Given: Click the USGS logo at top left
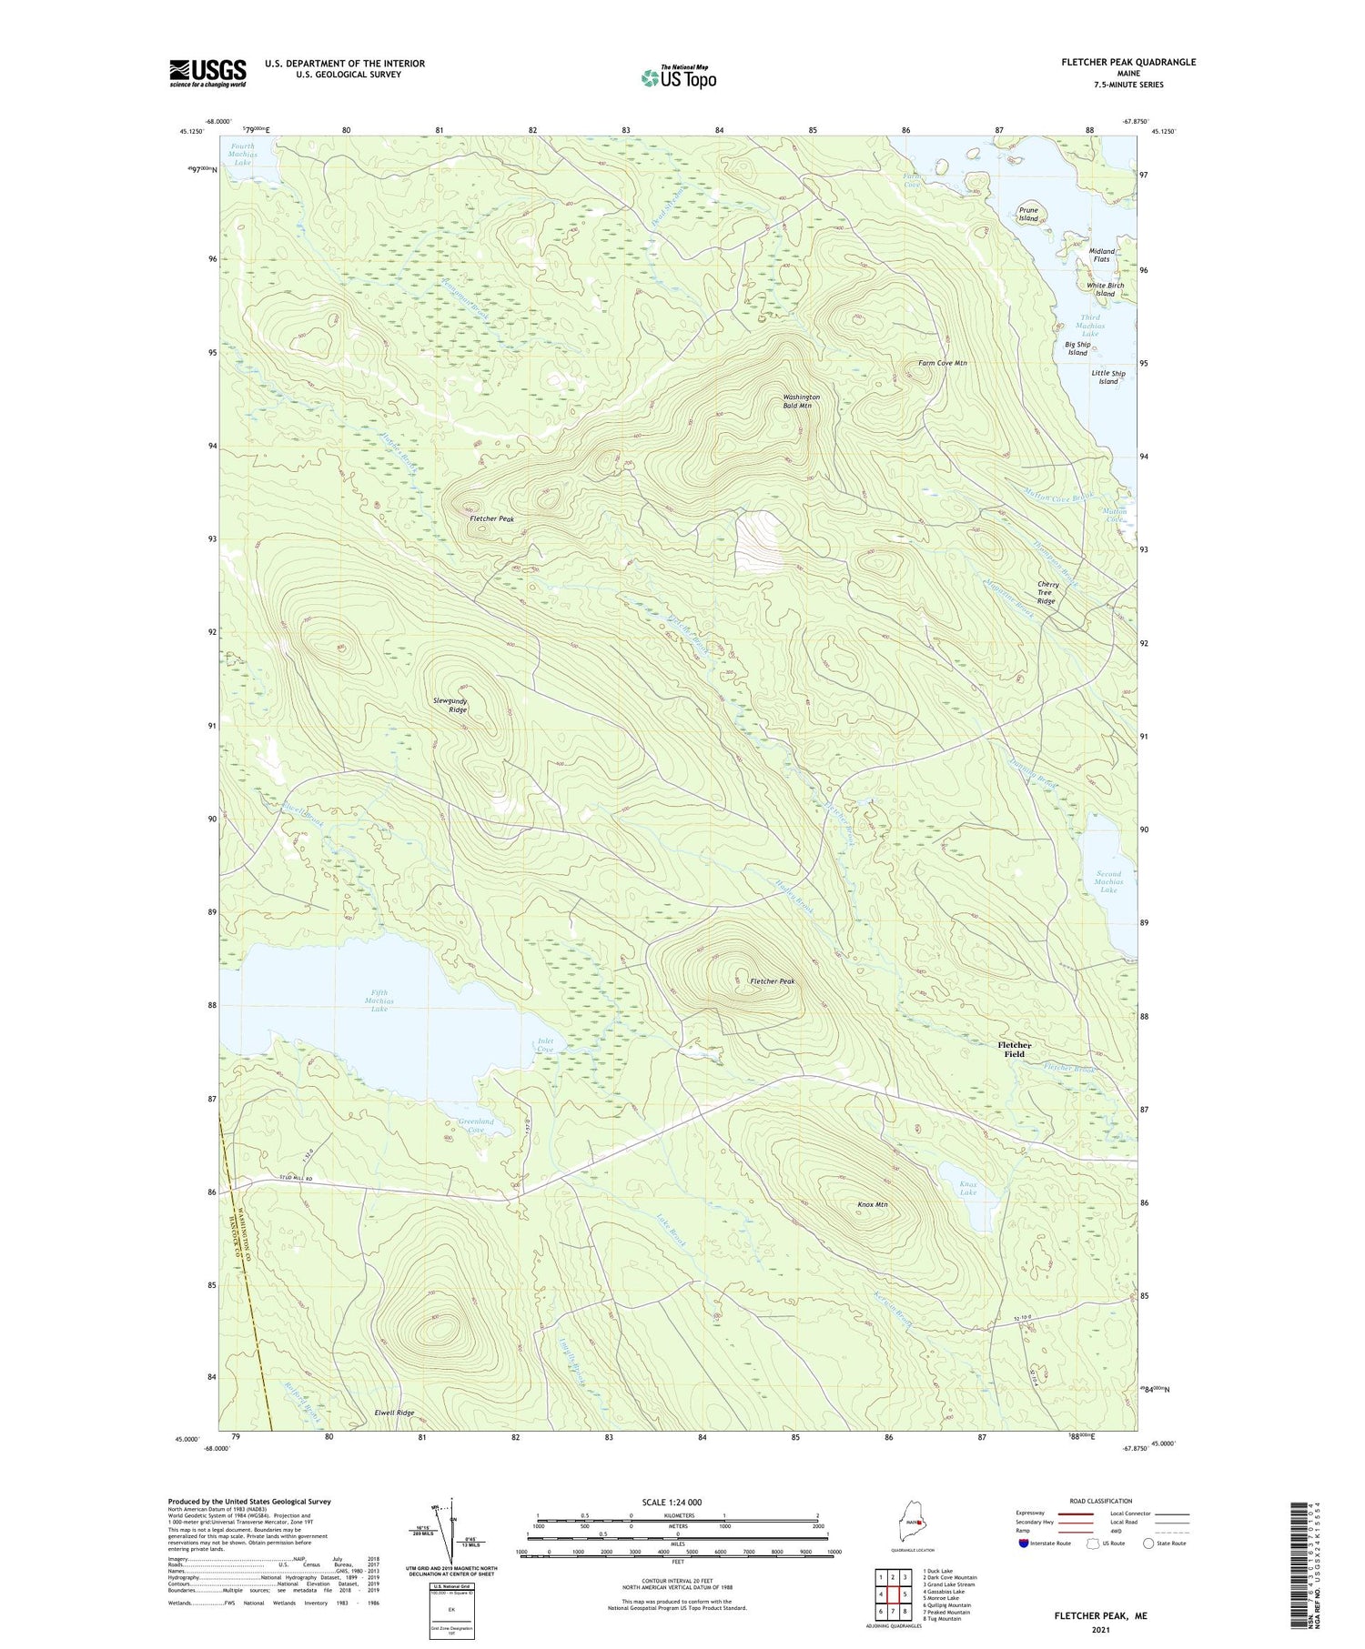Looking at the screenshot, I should click(x=207, y=73).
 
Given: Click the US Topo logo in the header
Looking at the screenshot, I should click(x=678, y=77).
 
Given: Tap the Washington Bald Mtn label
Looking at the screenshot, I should click(x=802, y=401).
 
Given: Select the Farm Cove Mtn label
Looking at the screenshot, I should click(x=942, y=363).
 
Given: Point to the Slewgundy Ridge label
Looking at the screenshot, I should click(x=450, y=705).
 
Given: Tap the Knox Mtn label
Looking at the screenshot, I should click(x=873, y=1204).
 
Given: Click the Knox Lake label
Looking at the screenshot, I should click(x=967, y=1188).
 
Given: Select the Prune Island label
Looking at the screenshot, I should click(x=1028, y=215).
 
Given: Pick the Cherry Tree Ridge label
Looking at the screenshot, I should click(x=1047, y=593).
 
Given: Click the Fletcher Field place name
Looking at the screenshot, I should click(x=1014, y=1049).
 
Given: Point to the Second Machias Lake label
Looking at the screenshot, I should click(x=1108, y=881).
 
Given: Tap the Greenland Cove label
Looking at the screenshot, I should click(x=476, y=1126).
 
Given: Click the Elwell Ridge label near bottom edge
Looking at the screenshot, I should click(x=394, y=1413).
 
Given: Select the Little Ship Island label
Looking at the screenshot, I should click(x=1107, y=377).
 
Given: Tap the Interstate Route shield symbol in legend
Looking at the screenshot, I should click(x=1024, y=1543).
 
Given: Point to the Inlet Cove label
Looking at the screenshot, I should click(x=545, y=1045).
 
